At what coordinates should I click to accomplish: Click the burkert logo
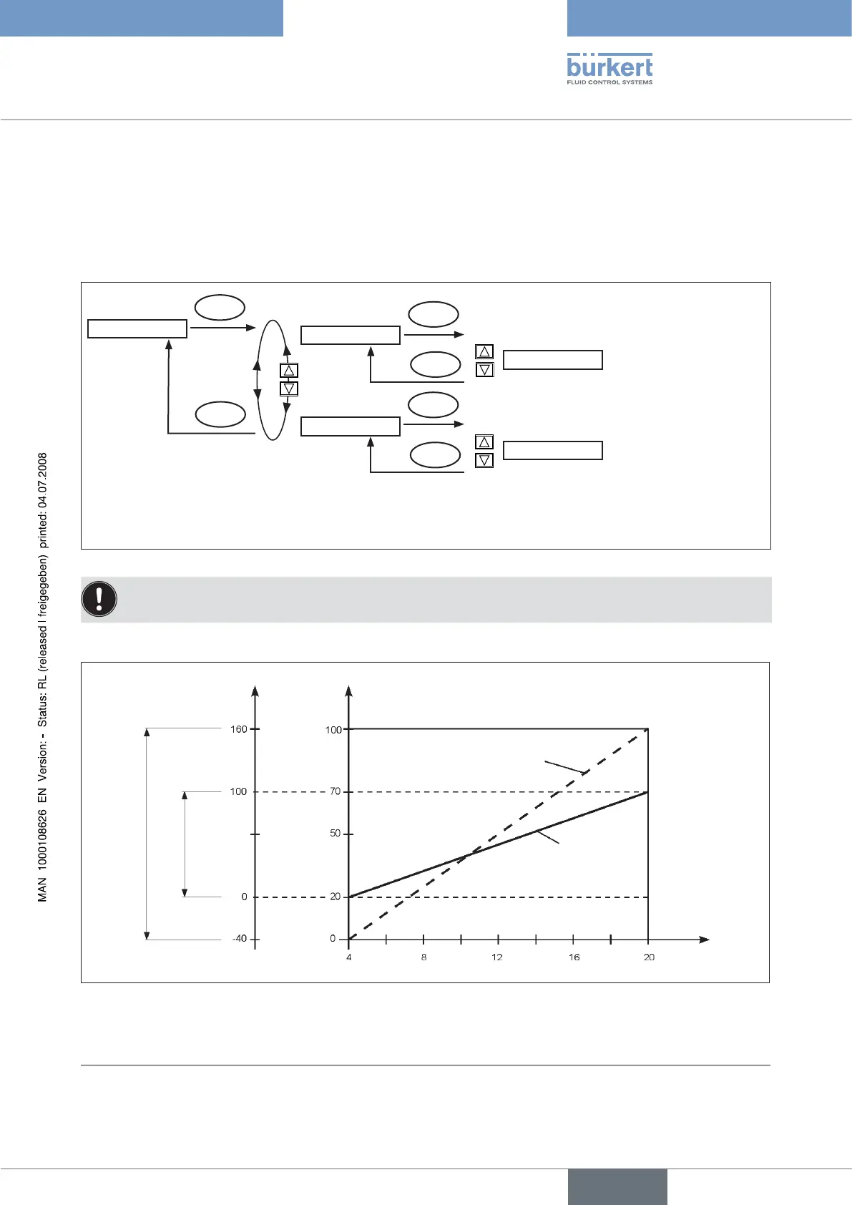click(x=609, y=69)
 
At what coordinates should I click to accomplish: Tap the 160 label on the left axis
click(x=238, y=729)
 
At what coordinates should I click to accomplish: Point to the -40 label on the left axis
click(x=240, y=939)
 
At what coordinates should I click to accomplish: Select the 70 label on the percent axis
click(x=335, y=791)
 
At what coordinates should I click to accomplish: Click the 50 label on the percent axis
click(x=335, y=834)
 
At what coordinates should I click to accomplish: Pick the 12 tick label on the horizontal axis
click(x=497, y=957)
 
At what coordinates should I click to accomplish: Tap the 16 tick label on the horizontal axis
click(x=574, y=957)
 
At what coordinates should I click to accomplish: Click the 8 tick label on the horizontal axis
click(x=423, y=957)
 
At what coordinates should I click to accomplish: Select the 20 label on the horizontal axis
click(x=649, y=957)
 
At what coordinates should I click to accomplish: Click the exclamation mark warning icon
click(x=99, y=599)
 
